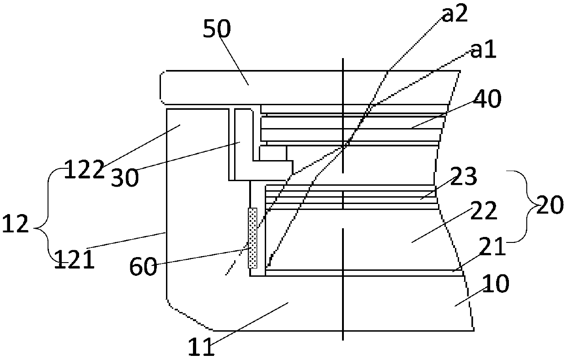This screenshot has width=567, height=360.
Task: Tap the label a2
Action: click(455, 15)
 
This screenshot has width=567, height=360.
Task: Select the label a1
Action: click(483, 51)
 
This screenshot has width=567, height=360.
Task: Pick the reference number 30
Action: click(124, 177)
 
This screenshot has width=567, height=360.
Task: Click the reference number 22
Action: click(482, 211)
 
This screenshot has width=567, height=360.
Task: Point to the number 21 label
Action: click(493, 247)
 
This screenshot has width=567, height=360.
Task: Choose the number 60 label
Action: click(144, 266)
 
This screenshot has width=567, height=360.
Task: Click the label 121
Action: click(74, 261)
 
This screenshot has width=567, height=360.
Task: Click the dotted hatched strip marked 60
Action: click(252, 237)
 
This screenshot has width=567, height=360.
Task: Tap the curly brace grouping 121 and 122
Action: click(48, 215)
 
